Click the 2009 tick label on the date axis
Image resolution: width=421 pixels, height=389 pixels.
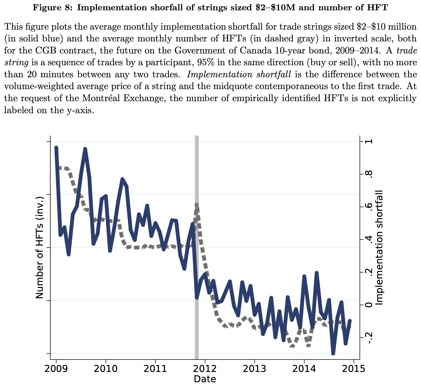[56, 368]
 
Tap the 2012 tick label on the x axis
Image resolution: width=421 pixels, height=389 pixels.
[205, 368]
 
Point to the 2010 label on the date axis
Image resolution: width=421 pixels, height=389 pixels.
[106, 368]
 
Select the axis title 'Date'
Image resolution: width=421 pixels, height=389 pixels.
[205, 379]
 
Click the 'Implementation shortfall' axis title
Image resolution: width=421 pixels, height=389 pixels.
[379, 247]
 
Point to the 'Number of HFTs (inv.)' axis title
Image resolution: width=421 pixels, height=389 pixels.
[39, 247]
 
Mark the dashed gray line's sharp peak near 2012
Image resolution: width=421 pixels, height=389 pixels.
[197, 205]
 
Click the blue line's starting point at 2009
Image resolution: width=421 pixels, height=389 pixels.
[56, 148]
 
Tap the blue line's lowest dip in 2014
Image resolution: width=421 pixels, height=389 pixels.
[333, 353]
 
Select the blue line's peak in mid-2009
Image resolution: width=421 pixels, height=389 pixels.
[85, 149]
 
